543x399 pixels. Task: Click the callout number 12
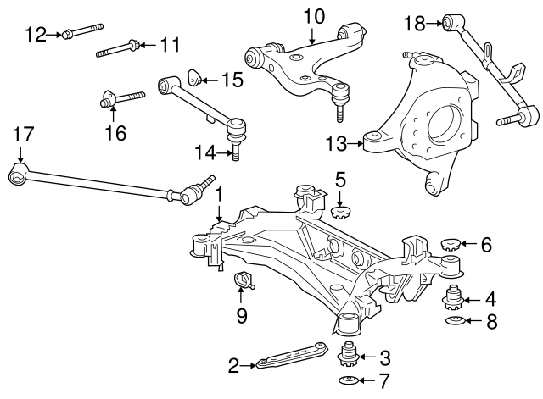[x=36, y=34]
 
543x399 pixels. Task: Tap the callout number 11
[x=170, y=42]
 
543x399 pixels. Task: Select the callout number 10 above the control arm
[x=313, y=15]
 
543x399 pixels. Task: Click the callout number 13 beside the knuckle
[x=337, y=144]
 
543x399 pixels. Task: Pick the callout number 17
[x=23, y=133]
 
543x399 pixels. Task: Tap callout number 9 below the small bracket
[x=241, y=317]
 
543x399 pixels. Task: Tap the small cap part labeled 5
[x=341, y=211]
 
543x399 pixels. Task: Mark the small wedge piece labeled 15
[x=193, y=80]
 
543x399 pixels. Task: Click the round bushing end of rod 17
[x=17, y=176]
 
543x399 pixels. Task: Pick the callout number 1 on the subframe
[x=218, y=195]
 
